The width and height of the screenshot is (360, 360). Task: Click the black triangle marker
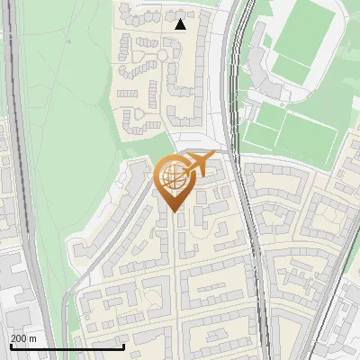point(181,24)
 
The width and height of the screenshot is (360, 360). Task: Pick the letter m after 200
point(33,338)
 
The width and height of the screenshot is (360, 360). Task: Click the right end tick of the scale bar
point(123,346)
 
